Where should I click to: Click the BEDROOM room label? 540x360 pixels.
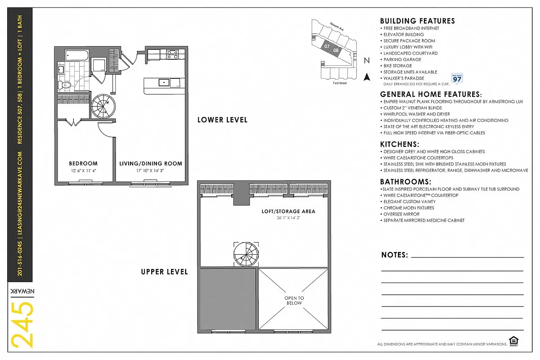click(x=83, y=163)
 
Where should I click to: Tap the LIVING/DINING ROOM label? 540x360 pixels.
click(x=151, y=163)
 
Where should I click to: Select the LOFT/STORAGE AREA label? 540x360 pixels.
click(x=288, y=211)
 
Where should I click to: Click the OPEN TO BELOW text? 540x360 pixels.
click(x=294, y=301)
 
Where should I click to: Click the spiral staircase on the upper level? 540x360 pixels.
click(x=246, y=253)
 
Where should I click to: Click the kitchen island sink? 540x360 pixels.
click(x=164, y=82)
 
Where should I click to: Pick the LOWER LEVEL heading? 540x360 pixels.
click(x=222, y=120)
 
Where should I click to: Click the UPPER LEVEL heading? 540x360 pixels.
click(x=164, y=272)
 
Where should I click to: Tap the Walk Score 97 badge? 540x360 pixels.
click(x=457, y=79)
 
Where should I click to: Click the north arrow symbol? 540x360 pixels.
click(x=367, y=76)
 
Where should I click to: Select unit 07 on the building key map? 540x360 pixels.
click(x=327, y=46)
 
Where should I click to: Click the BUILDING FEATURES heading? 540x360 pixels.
click(x=417, y=21)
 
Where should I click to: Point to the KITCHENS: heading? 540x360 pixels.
click(x=400, y=144)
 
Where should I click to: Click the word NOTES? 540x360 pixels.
click(x=394, y=255)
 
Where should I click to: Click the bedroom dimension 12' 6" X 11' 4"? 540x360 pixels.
click(x=83, y=170)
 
